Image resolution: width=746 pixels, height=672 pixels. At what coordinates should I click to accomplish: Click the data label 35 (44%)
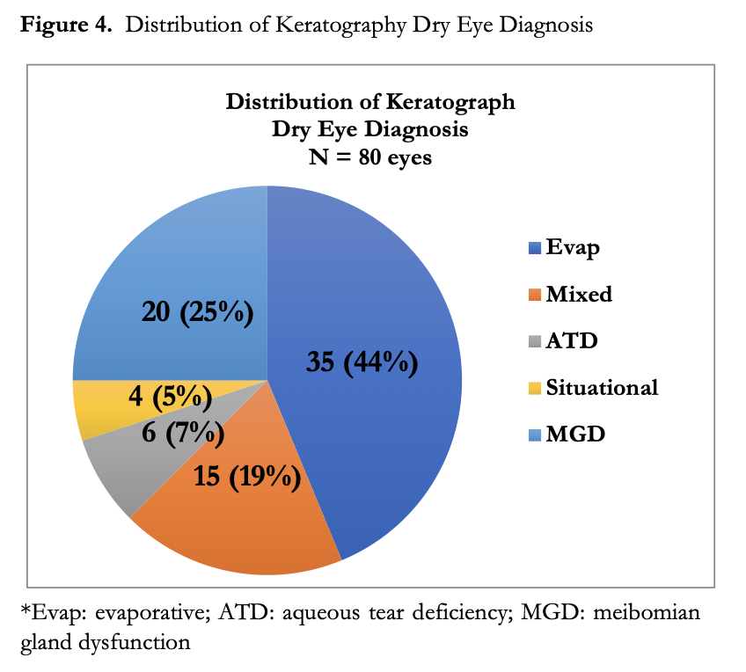pos(362,362)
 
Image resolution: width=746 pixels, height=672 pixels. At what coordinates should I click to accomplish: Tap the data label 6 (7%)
pos(182,433)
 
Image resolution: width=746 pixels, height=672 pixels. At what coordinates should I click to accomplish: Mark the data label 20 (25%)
pos(197,311)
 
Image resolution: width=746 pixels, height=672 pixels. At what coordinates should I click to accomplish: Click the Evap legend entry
pos(564,247)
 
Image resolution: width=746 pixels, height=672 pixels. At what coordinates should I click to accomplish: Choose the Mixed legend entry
pos(569,294)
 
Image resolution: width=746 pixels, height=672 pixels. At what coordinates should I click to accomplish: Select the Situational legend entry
pos(592,387)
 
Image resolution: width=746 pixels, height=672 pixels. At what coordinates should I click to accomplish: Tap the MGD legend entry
pos(564,434)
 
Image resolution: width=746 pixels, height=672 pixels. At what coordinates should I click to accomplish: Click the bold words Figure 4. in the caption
pos(67,25)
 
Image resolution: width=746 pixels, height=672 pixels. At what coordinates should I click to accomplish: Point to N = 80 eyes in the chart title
pos(369,159)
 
